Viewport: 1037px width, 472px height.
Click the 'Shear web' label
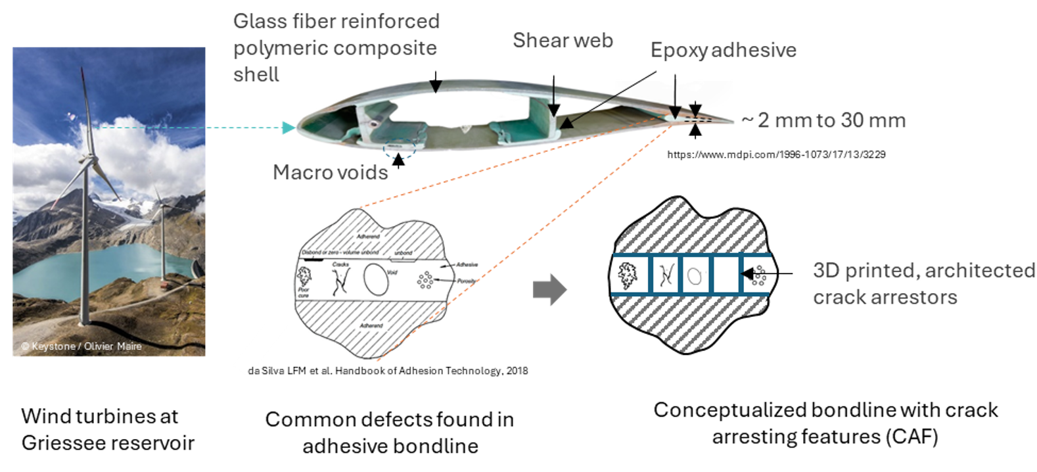click(x=563, y=41)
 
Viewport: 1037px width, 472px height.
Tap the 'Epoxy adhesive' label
click(x=723, y=51)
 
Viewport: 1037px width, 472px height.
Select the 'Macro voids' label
click(x=330, y=172)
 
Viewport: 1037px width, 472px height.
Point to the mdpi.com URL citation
click(x=776, y=154)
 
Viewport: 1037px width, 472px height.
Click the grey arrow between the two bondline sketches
click(x=549, y=289)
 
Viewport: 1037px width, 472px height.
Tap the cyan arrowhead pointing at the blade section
click(x=288, y=128)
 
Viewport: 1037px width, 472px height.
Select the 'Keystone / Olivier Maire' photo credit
click(x=81, y=346)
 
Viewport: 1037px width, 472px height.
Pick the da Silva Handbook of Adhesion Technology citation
click(x=388, y=371)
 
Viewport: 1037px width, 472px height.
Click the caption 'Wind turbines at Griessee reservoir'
click(x=108, y=429)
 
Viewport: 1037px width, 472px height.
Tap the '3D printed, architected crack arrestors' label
click(x=923, y=283)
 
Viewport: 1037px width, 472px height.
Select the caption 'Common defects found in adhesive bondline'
click(x=390, y=433)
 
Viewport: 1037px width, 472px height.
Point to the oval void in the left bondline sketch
click(x=376, y=279)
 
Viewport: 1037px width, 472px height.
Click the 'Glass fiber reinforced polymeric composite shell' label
click(x=336, y=48)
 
